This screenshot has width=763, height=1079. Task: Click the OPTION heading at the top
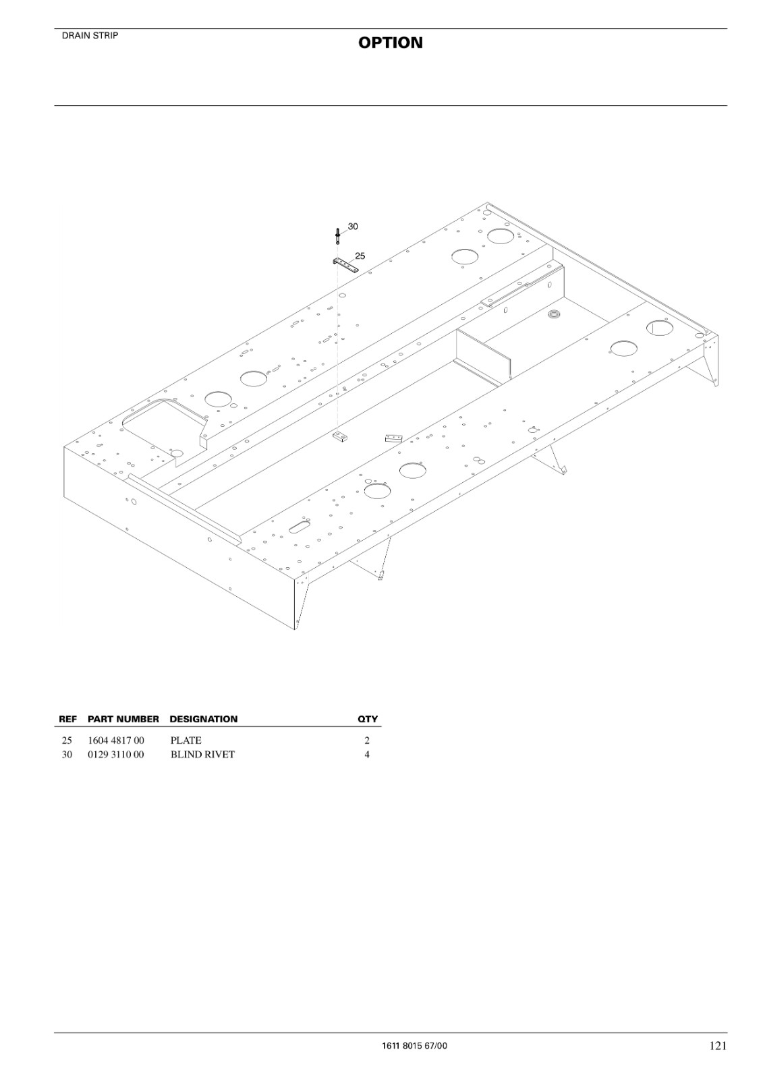coord(391,43)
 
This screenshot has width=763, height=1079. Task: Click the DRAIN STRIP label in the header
coord(90,36)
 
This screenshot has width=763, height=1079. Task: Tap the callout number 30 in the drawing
coord(353,227)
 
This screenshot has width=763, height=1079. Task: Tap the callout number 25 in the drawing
coord(360,256)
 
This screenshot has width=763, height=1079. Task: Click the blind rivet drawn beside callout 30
coord(338,237)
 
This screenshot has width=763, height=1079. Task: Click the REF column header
coord(67,719)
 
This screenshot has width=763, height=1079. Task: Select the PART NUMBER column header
coord(123,719)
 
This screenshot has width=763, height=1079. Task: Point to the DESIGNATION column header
coord(204,719)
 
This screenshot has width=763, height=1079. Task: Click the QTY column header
coord(367,719)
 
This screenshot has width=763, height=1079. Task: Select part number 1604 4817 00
coord(115,740)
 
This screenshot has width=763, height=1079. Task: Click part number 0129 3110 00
coord(115,755)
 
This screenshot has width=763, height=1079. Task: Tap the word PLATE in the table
coord(186,740)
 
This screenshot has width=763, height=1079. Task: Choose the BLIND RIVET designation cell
coord(202,755)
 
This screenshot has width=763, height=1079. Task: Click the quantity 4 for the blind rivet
coord(367,755)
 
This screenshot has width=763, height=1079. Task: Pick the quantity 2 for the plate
coord(367,740)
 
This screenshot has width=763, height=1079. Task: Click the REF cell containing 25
coord(67,740)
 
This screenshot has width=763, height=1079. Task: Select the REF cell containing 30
coord(67,755)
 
